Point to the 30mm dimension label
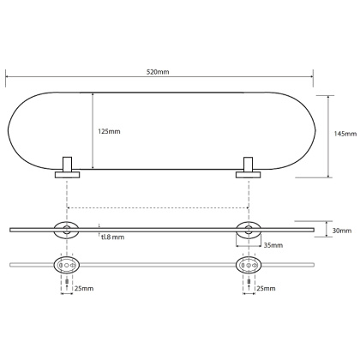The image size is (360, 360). click(342, 230)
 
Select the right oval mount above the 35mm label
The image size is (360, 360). click(248, 229)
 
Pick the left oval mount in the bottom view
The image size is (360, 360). click(66, 264)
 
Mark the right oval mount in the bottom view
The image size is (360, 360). click(248, 264)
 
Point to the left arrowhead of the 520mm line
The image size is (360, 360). click(8, 75)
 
